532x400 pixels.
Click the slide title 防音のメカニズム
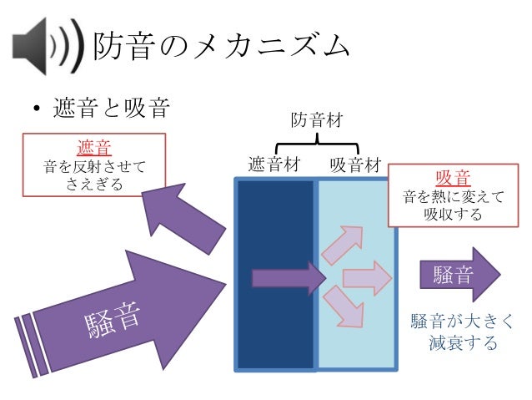tap(220, 45)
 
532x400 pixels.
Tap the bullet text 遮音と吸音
tap(112, 109)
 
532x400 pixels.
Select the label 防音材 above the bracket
tap(316, 123)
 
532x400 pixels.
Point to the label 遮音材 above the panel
tap(274, 165)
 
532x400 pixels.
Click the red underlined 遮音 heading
tap(93, 149)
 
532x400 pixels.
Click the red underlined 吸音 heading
tap(452, 178)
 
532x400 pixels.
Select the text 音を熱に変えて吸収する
tap(452, 206)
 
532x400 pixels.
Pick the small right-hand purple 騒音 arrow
tap(459, 275)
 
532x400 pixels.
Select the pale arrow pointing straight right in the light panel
tap(367, 278)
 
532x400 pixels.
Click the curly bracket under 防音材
tap(317, 147)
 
